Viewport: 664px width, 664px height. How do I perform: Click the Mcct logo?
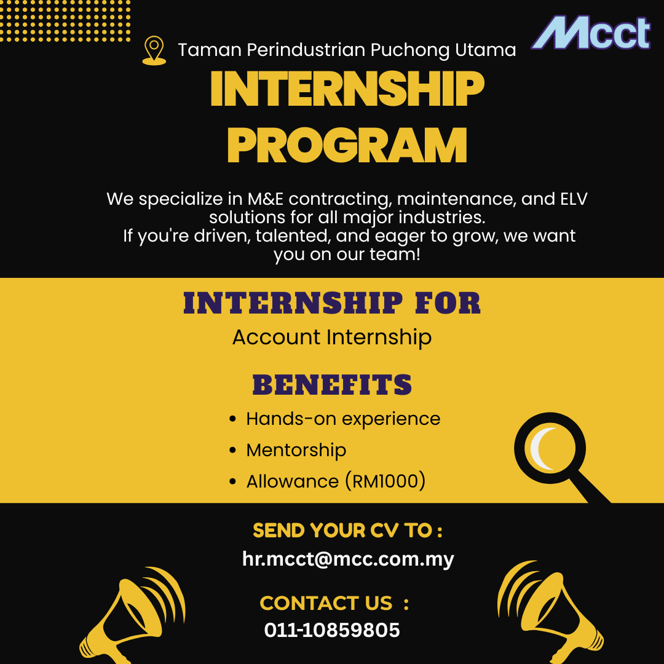click(591, 33)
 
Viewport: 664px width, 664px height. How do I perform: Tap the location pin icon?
click(154, 50)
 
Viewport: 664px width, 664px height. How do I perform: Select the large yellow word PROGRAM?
click(347, 145)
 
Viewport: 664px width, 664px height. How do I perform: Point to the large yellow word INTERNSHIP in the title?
click(347, 88)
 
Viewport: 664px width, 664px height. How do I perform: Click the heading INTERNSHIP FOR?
click(332, 303)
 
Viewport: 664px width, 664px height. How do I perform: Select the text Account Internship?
click(332, 338)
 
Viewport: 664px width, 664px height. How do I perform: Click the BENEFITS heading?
click(332, 384)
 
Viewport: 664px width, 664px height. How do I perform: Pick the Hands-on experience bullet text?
click(343, 419)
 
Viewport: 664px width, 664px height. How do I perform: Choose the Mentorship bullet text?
click(296, 450)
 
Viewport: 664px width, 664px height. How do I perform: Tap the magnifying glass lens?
click(550, 448)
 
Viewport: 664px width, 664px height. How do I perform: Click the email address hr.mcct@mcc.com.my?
click(348, 559)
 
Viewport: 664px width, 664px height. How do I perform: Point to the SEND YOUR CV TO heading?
click(347, 531)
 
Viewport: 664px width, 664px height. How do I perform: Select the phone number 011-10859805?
click(332, 630)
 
